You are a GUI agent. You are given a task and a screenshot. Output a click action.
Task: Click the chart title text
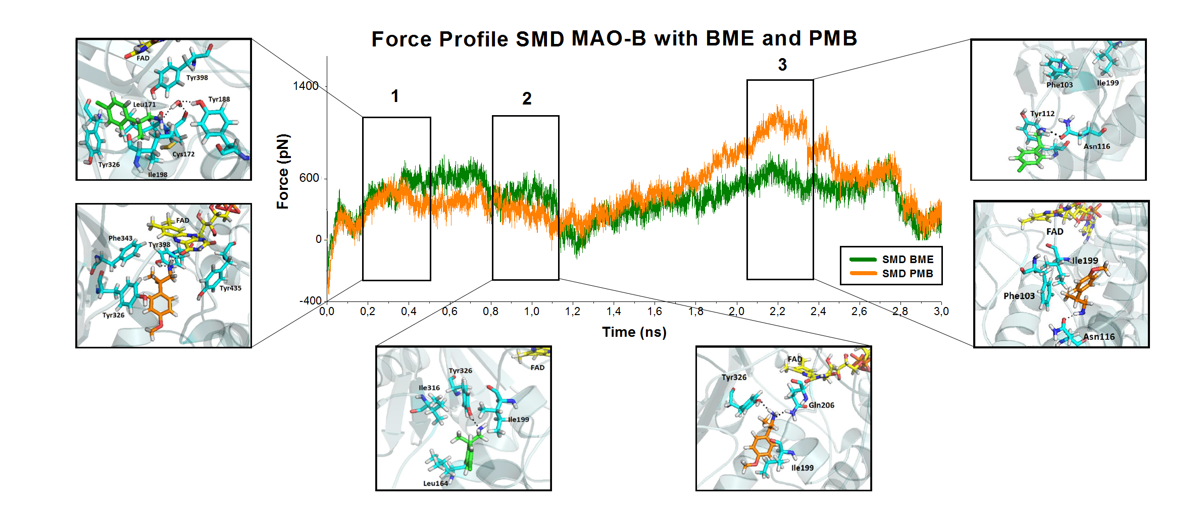614,39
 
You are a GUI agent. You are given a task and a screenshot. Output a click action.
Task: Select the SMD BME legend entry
908,260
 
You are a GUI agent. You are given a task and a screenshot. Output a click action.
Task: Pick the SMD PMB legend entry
908,274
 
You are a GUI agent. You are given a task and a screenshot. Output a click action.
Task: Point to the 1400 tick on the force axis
306,86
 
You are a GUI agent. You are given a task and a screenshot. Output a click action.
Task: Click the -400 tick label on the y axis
310,301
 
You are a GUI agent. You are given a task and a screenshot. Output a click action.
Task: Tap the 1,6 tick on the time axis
655,312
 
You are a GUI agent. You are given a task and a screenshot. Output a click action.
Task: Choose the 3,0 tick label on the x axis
941,312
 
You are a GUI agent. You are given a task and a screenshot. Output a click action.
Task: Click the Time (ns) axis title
634,332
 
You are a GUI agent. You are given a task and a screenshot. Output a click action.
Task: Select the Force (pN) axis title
283,172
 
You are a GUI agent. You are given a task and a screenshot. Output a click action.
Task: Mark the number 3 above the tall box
782,65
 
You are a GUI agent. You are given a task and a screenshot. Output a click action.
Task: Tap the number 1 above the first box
395,96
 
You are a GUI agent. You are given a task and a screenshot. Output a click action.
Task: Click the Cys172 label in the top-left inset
183,154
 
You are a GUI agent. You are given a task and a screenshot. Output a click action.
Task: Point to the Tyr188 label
219,99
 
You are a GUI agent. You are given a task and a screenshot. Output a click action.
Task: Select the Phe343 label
120,238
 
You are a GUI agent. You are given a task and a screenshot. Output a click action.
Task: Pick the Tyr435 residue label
230,288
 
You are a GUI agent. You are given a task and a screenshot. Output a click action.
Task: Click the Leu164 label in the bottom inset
435,483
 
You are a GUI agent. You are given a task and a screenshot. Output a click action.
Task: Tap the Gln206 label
821,405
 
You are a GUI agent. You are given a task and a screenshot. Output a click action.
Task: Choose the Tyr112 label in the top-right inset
1042,114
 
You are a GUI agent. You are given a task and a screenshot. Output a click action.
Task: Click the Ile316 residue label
429,388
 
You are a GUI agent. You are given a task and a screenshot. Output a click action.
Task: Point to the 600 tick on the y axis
309,178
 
